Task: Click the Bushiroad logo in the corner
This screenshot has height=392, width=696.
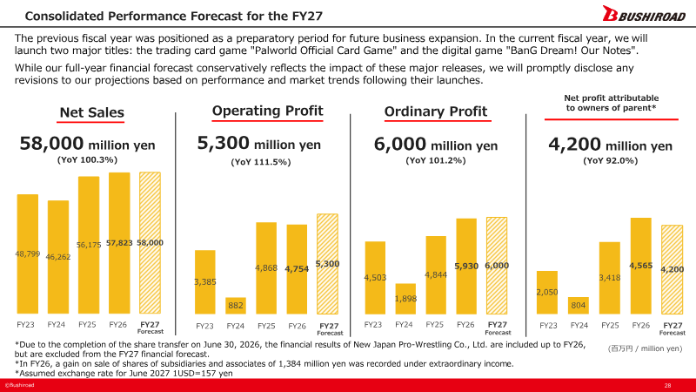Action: click(644, 14)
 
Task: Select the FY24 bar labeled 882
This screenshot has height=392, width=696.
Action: click(235, 306)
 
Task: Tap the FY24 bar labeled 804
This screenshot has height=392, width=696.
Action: click(579, 306)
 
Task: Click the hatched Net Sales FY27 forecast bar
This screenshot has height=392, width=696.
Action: click(150, 243)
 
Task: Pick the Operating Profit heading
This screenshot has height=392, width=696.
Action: click(268, 111)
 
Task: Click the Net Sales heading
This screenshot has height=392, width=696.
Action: click(92, 112)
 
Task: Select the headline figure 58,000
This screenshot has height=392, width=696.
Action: click(51, 144)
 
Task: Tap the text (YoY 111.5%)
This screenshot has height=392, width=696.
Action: click(260, 162)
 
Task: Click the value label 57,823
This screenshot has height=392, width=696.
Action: click(119, 243)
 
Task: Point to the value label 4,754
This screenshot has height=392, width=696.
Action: click(297, 269)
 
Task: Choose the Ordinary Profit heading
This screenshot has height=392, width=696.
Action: click(436, 112)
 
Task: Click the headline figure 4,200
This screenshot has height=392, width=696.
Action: click(574, 145)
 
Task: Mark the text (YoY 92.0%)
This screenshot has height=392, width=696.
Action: click(611, 161)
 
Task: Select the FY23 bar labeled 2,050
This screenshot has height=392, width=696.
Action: click(547, 293)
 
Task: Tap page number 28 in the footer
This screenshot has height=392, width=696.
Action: click(667, 385)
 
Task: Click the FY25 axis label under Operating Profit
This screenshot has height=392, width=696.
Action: click(266, 326)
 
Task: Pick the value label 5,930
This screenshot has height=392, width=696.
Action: click(466, 267)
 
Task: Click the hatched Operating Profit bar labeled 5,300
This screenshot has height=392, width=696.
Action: click(327, 264)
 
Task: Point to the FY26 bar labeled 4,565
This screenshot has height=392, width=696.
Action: click(641, 266)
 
